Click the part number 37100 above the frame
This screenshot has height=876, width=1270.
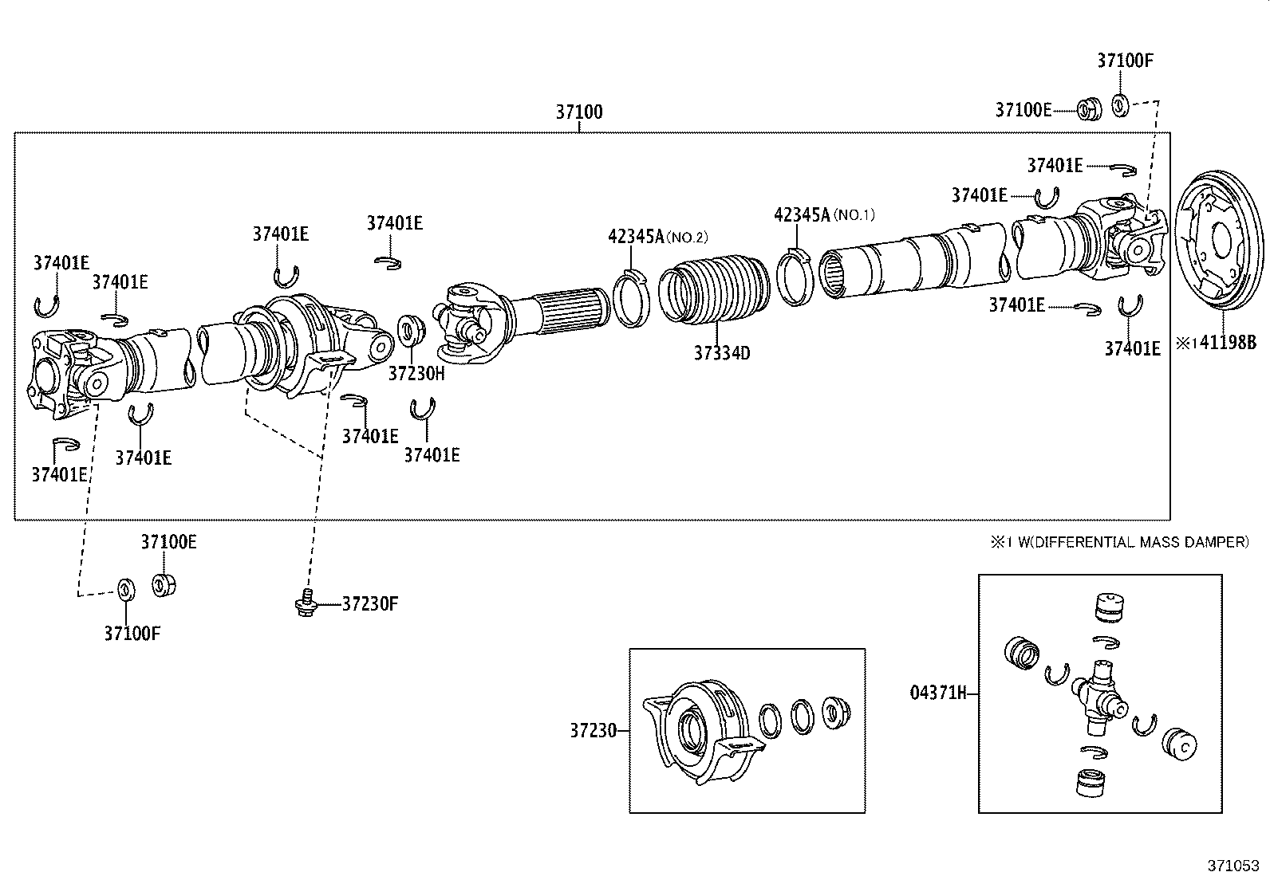click(579, 112)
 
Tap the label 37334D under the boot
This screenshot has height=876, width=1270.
click(721, 353)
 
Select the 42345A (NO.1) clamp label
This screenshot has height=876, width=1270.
click(824, 214)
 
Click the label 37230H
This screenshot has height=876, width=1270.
click(416, 372)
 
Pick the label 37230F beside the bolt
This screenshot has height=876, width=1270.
click(369, 603)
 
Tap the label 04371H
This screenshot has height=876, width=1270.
click(938, 693)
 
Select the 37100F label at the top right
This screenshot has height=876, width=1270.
click(1125, 61)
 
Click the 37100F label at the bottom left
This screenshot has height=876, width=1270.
click(132, 634)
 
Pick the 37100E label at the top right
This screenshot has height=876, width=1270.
click(1023, 110)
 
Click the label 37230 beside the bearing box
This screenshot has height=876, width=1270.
click(593, 730)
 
